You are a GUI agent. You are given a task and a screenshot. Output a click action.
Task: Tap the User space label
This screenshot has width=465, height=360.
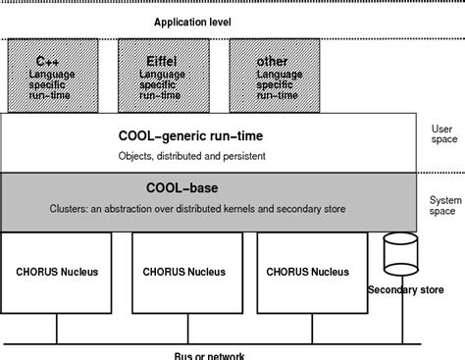(444, 134)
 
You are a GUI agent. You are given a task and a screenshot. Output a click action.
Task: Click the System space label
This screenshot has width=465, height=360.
(444, 205)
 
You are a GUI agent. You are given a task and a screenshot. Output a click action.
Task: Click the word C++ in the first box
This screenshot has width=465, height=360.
(47, 60)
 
